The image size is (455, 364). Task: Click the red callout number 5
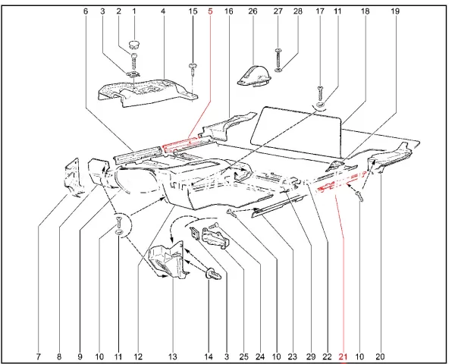coord(210,11)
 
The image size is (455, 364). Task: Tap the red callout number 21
coord(343,356)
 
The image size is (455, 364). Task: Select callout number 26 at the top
coord(253,11)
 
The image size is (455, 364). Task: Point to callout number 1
coord(134,11)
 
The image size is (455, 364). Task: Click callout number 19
coord(394,11)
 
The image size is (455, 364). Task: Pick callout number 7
coord(38,356)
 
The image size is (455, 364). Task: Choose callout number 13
coord(172,356)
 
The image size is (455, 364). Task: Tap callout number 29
coord(310,356)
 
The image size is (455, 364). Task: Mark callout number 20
coord(380,356)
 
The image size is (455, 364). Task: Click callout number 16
coord(228,11)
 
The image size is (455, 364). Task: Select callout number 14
coord(209,356)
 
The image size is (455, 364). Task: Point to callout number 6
coord(85,11)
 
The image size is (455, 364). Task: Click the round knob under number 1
coord(134,43)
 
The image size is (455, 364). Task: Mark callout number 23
coord(292,356)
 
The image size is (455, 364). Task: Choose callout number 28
coord(298,11)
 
